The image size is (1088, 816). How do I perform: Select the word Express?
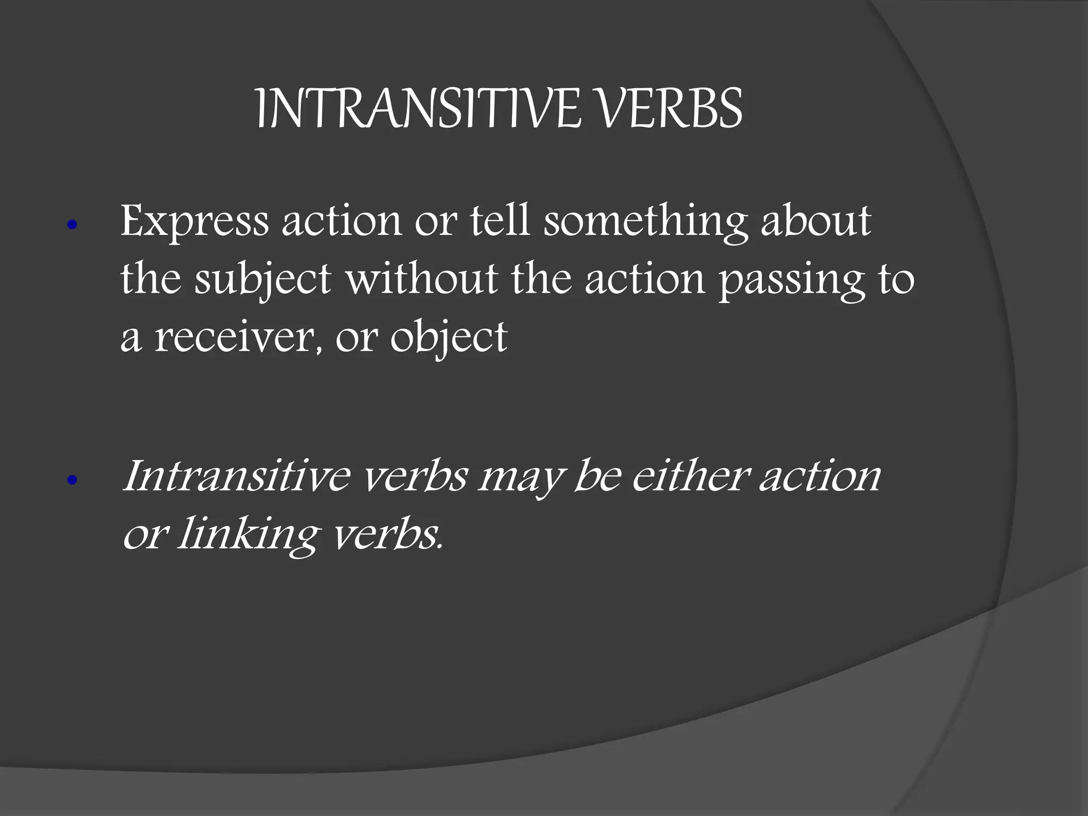pyautogui.click(x=194, y=222)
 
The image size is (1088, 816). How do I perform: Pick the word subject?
pyautogui.click(x=263, y=280)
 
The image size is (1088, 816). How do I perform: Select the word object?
pyautogui.click(x=449, y=339)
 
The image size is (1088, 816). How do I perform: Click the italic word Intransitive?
pyautogui.click(x=236, y=476)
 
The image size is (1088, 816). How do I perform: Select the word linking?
pyautogui.click(x=248, y=535)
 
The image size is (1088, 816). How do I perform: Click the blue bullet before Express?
pyautogui.click(x=73, y=225)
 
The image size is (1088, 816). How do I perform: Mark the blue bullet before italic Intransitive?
pyautogui.click(x=73, y=481)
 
